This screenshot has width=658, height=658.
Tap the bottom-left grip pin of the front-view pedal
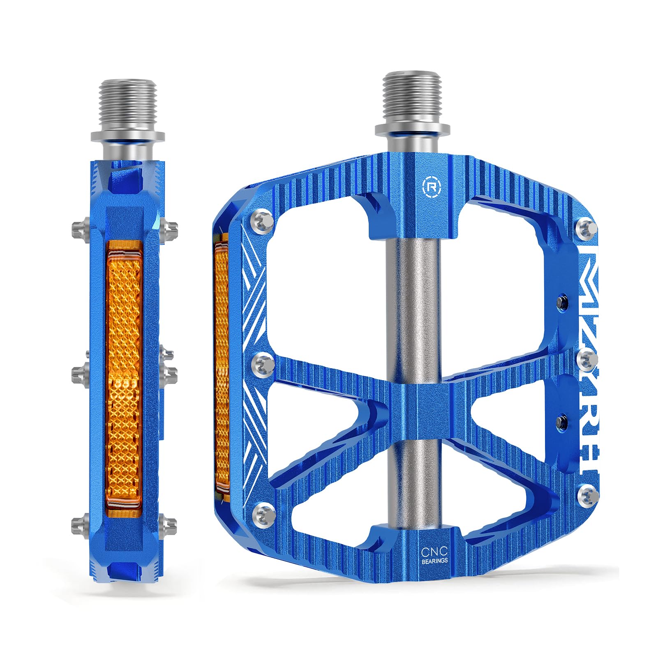tap(263, 513)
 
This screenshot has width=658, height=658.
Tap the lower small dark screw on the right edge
tap(561, 420)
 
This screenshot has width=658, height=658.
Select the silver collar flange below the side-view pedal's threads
tap(127, 136)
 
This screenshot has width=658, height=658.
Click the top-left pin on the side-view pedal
tap(79, 227)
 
